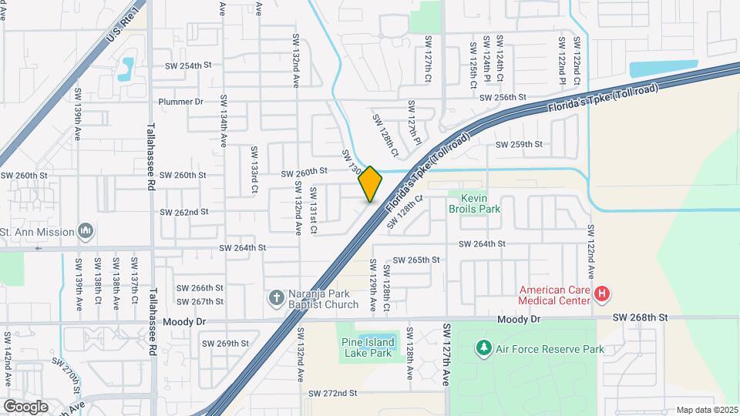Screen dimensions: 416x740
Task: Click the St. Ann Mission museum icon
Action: [x=86, y=231]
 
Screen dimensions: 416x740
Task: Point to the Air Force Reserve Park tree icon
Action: [x=483, y=348]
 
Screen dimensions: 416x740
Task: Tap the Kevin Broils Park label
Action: [x=475, y=203]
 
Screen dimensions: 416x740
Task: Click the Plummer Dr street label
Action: [x=180, y=102]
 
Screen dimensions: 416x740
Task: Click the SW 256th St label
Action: [x=502, y=98]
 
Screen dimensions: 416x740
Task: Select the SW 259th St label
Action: [x=519, y=144]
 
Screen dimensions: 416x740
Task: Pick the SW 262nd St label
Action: [x=184, y=212]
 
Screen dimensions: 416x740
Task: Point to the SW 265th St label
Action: [x=416, y=260]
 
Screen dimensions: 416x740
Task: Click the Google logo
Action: [x=25, y=406]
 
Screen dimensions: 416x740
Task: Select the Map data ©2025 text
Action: [x=707, y=410]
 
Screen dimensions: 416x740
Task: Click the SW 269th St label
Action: [x=225, y=344]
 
